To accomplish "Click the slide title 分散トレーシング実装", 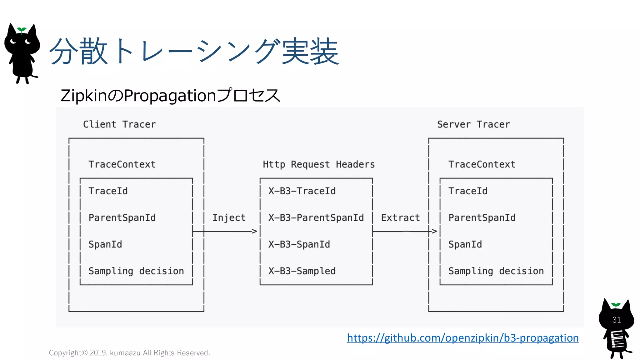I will (x=194, y=52).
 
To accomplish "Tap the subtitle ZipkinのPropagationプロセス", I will (x=170, y=96).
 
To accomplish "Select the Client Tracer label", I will (x=119, y=124).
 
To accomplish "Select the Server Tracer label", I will (x=473, y=124).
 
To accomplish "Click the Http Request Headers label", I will (x=318, y=164).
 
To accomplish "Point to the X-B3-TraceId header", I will (x=302, y=191).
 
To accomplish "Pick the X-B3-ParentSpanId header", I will (x=316, y=217).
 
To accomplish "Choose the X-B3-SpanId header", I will (x=299, y=244).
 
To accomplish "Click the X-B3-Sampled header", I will (x=302, y=271).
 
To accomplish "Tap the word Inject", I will (x=229, y=217).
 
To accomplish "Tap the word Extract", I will (x=400, y=217).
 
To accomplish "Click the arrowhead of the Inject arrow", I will (x=254, y=231).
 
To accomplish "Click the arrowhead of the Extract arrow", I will (x=434, y=231).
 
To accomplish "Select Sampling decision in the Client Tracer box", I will (x=136, y=271).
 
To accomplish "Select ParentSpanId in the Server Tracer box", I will (x=482, y=217).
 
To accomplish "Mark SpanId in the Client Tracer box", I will (x=105, y=244).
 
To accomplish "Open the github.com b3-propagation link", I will (x=462, y=338).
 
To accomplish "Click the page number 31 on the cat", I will (x=616, y=320).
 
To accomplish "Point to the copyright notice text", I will (x=129, y=353).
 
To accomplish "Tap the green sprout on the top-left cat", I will (x=22, y=30).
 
